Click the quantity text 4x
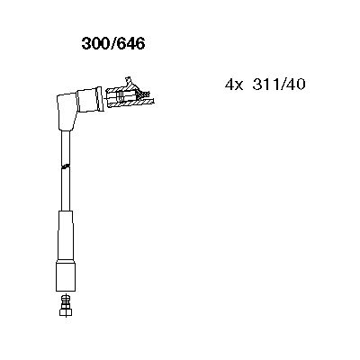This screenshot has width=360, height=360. [x=232, y=85]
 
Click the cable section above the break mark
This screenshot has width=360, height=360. [x=66, y=144]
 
